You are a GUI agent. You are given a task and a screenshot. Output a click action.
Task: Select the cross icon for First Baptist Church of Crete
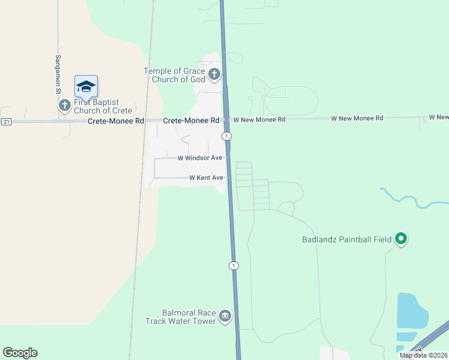coord(65,106)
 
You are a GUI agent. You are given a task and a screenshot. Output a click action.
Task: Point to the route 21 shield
coord(6,122)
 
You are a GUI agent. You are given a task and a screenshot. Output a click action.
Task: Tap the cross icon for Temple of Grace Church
coord(214,75)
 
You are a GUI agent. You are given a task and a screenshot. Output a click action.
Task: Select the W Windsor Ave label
coord(200,158)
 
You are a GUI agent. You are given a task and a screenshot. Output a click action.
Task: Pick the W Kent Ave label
coord(206,178)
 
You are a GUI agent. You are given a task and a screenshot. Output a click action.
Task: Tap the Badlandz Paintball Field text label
coord(346,240)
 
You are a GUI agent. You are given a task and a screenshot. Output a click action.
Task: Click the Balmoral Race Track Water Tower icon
coord(225,316)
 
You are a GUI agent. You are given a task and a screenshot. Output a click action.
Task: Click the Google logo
coord(20,353)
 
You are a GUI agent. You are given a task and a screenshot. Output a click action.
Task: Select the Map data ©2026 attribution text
coord(423,355)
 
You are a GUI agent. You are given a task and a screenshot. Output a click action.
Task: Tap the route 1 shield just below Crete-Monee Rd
coord(226,136)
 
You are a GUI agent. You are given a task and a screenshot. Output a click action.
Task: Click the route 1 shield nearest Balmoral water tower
coord(234,265)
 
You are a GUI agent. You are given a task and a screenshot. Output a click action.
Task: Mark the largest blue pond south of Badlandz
coord(411,310)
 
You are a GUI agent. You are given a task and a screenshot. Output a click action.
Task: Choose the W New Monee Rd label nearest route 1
coord(259,119)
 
